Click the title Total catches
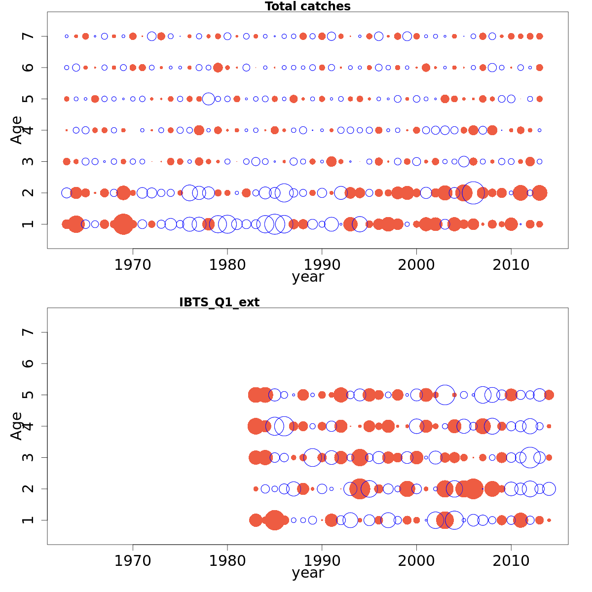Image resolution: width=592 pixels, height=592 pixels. [307, 6]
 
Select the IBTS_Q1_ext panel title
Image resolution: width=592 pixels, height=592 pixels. [219, 302]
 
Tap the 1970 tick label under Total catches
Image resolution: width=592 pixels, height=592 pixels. [133, 265]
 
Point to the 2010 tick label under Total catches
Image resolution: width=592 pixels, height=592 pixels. [511, 265]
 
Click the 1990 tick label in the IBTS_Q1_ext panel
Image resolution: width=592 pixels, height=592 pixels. [322, 561]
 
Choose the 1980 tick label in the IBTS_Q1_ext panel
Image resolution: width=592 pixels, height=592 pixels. [227, 561]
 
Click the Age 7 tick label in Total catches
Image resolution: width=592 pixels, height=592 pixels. [28, 36]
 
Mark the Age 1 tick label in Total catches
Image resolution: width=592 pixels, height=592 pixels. [28, 224]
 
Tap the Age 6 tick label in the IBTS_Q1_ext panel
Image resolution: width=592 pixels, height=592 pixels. [28, 364]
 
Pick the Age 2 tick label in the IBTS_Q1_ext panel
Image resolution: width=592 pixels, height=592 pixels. [28, 489]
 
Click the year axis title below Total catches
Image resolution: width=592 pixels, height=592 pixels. [307, 277]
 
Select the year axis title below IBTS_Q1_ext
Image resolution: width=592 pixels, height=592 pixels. [307, 573]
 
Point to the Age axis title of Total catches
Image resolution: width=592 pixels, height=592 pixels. [16, 130]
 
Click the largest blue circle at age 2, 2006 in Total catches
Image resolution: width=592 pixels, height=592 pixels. [473, 192]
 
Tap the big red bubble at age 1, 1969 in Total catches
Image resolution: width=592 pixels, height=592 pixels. [123, 224]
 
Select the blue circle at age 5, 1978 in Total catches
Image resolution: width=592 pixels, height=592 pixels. [208, 99]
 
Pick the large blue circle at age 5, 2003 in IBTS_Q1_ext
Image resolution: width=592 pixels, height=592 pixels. [445, 395]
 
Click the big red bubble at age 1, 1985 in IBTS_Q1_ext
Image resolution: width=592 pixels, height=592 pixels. [274, 520]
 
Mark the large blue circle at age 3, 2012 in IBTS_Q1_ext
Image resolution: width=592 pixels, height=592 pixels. [530, 457]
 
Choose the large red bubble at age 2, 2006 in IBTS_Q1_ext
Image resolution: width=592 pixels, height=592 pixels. [473, 489]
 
